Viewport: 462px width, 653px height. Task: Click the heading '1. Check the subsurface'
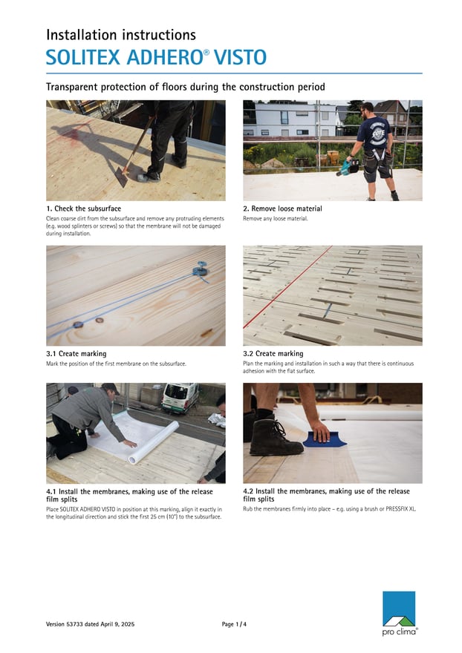point(83,209)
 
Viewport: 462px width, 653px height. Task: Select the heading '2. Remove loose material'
point(282,209)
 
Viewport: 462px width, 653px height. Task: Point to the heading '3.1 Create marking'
point(77,353)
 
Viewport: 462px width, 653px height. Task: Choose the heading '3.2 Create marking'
point(273,353)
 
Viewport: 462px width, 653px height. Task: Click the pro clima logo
point(400,614)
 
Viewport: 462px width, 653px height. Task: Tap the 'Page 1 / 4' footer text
point(234,624)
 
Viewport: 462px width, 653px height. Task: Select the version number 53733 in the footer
point(74,624)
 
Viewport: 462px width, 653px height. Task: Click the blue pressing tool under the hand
point(325,439)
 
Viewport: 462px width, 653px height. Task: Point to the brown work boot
point(276,438)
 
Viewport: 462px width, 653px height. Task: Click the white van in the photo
point(180,398)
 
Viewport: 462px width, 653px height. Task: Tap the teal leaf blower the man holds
point(348,168)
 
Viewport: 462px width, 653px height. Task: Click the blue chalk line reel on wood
point(201,269)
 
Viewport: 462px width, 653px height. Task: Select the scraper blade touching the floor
point(121,177)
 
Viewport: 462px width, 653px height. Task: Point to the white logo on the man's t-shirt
point(379,134)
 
